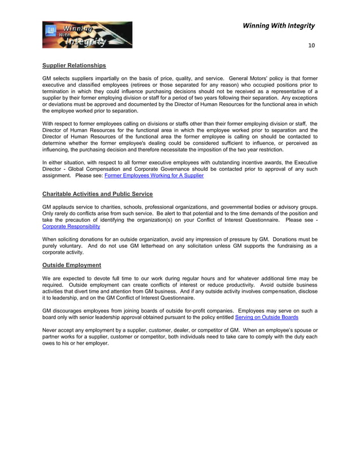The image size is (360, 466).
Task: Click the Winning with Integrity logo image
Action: coord(87,35)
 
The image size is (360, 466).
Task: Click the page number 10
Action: coord(311,45)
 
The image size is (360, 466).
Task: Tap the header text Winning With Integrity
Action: coord(278,25)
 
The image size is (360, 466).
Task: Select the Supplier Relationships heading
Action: coord(74,65)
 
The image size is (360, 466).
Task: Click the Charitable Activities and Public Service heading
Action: coord(97,194)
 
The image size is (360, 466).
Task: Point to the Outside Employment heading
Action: coord(72,265)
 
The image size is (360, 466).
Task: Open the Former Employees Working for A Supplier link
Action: coord(154,175)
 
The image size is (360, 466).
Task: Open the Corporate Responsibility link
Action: coord(71,226)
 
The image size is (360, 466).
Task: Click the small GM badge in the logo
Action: coord(51,29)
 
